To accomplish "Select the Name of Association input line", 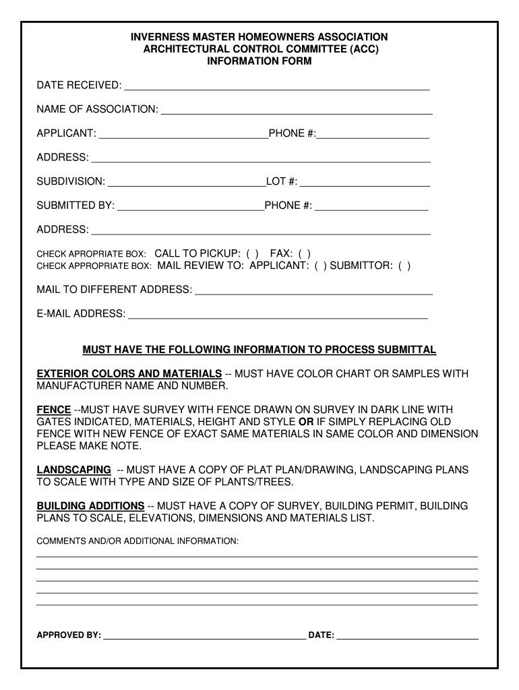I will point(296,110).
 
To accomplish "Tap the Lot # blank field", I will point(365,182).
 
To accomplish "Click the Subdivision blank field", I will point(187,182).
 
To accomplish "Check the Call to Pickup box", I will point(252,254).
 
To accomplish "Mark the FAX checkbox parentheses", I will point(305,254).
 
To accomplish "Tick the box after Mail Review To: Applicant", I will point(320,266).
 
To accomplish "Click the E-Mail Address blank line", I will point(278,314).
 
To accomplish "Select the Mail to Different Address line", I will point(313,290).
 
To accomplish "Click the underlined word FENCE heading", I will point(54,410).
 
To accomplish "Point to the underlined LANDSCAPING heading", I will point(73,470).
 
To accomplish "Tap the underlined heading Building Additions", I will point(90,506).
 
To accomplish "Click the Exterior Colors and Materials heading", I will point(129,374).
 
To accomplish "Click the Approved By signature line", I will point(204,635).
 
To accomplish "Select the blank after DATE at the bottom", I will point(407,635).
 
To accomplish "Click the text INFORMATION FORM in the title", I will point(259,61).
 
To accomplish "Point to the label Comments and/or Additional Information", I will point(138,541).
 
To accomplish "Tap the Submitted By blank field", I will point(191,206).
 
